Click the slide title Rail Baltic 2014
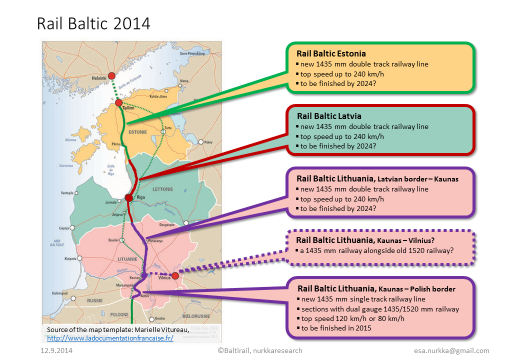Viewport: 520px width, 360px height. pyautogui.click(x=94, y=23)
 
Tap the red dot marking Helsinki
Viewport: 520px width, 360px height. pyautogui.click(x=112, y=75)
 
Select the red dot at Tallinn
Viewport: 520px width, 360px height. pyautogui.click(x=119, y=102)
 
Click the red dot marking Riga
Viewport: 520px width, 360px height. pyautogui.click(x=129, y=197)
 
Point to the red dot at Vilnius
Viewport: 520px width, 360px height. pyautogui.click(x=175, y=275)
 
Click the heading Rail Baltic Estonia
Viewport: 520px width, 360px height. pyautogui.click(x=331, y=53)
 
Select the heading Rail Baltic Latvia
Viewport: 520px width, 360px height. pyautogui.click(x=328, y=116)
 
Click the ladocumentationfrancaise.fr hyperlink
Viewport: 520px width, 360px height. pyautogui.click(x=110, y=338)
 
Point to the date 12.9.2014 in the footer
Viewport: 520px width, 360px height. pyautogui.click(x=56, y=350)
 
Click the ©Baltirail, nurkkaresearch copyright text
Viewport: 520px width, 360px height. pyautogui.click(x=260, y=350)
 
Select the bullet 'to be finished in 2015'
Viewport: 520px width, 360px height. pyautogui.click(x=335, y=328)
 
